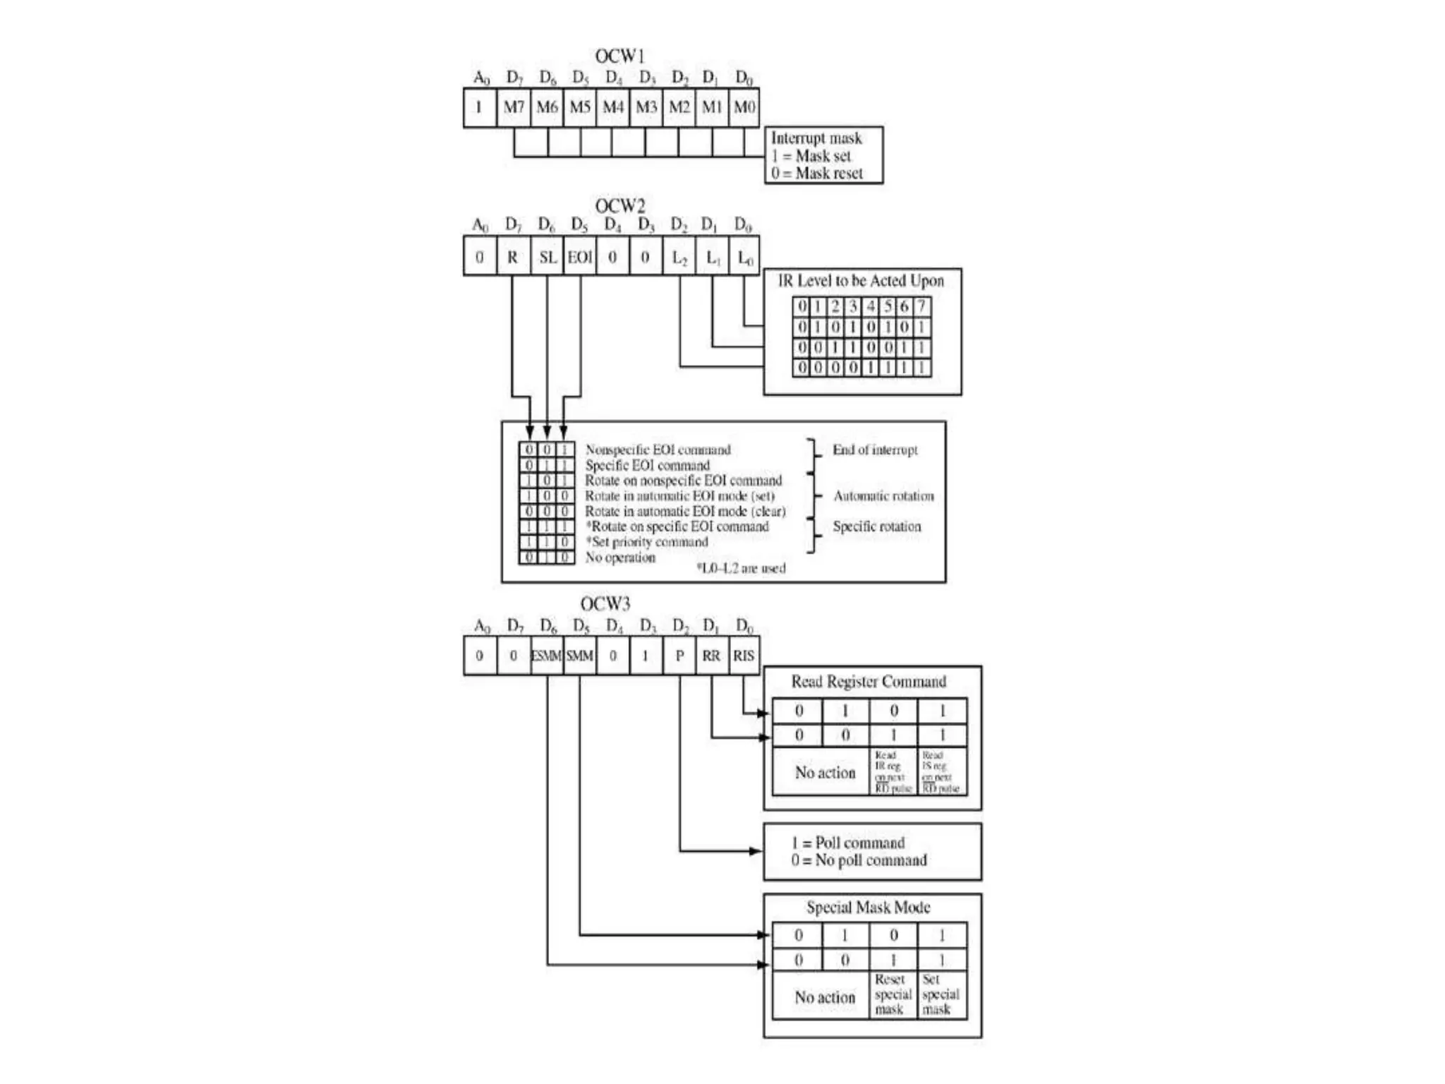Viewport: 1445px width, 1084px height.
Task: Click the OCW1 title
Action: (619, 56)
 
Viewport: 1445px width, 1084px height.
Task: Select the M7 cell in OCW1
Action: (514, 107)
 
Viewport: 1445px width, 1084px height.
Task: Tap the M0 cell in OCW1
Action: (744, 107)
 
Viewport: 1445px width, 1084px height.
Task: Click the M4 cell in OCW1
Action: (613, 107)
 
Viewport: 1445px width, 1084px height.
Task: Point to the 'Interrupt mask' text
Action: (816, 138)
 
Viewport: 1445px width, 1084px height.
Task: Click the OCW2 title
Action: (619, 206)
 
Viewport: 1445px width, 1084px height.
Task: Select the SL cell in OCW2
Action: (548, 258)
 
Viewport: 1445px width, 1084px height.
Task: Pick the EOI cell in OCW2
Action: (580, 258)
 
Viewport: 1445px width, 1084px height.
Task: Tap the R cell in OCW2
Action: (513, 258)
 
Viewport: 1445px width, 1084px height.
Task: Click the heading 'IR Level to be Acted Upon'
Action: (861, 281)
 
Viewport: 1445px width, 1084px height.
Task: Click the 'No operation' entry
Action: (620, 558)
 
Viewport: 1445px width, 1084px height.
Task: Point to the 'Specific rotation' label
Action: (877, 526)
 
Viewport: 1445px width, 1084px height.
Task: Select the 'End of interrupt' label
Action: (875, 450)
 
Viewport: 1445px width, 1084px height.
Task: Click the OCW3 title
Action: (605, 604)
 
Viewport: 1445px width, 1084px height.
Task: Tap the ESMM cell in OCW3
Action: (547, 656)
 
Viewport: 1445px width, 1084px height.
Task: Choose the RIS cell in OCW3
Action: (744, 656)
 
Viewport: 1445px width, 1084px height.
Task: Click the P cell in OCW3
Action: (679, 656)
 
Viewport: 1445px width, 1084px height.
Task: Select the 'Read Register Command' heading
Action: (869, 682)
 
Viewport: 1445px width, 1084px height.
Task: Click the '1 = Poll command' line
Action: (848, 843)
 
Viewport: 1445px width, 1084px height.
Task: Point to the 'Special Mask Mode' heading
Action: (869, 908)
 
